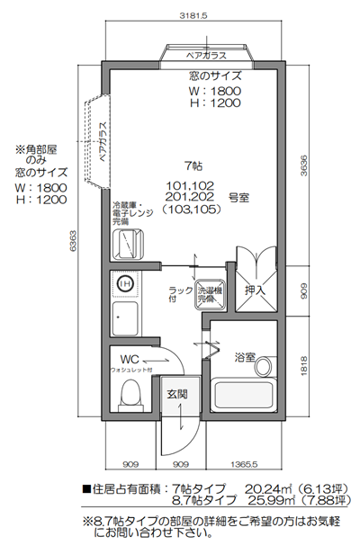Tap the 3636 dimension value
304,165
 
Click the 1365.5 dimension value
244,466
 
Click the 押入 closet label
255,290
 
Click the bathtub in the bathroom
246,396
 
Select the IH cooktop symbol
126,284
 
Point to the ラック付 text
180,294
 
